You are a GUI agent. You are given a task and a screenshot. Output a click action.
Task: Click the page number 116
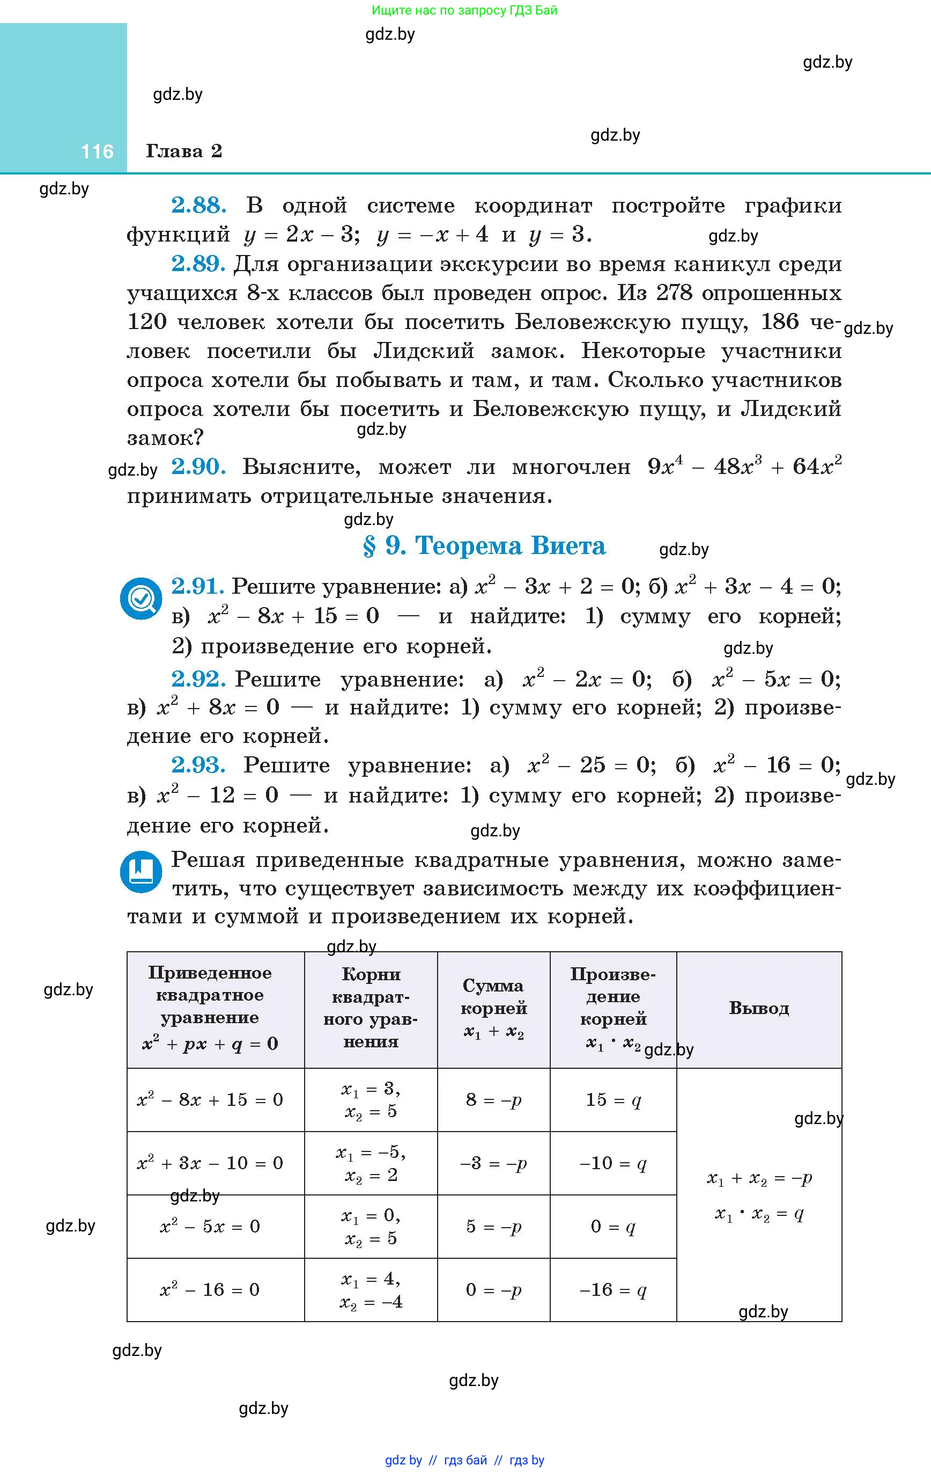(97, 151)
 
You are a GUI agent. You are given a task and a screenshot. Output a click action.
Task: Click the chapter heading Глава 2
(184, 151)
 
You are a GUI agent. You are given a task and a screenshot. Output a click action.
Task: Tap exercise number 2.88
(198, 206)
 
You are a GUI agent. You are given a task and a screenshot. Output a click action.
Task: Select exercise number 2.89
(198, 264)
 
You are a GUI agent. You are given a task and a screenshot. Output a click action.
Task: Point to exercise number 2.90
(198, 468)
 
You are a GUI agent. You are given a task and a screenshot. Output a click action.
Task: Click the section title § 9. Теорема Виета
(484, 545)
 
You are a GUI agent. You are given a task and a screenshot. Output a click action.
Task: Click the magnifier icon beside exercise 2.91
(141, 597)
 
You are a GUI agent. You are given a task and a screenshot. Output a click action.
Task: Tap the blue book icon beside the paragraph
(141, 871)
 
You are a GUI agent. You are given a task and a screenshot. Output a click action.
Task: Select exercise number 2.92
(198, 679)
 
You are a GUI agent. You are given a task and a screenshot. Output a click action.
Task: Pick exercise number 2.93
(198, 765)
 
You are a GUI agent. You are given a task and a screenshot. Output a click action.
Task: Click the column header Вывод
(759, 1008)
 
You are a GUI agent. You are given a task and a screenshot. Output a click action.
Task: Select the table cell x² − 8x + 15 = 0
(210, 1099)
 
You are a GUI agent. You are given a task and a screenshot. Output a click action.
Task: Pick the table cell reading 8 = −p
(493, 1100)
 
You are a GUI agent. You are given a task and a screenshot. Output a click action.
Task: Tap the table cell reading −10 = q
(612, 1163)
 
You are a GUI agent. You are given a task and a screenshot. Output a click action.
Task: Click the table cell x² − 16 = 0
(210, 1289)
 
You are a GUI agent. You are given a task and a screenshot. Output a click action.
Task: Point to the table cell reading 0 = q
(612, 1226)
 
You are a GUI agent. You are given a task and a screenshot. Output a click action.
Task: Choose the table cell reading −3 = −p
(493, 1163)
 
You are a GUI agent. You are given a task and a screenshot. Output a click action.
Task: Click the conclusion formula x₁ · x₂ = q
(759, 1214)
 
